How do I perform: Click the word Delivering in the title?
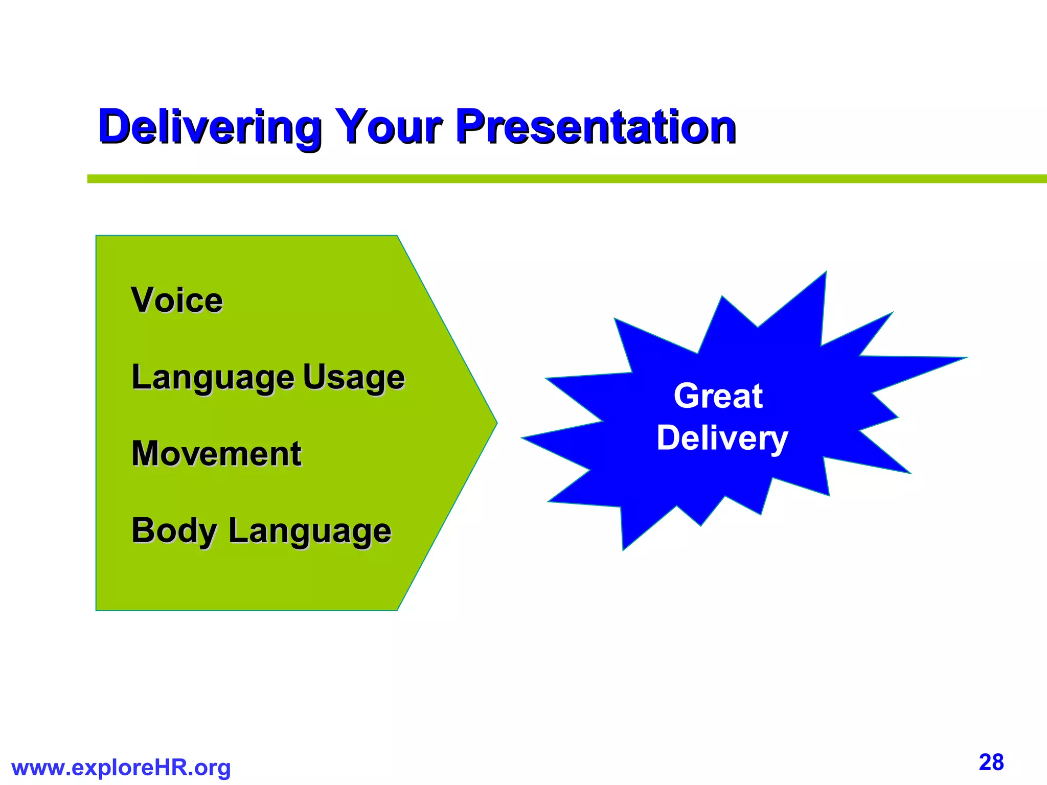pos(210,127)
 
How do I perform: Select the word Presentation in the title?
pos(596,127)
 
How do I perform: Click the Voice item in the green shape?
pos(177,300)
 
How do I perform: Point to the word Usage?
pos(354,377)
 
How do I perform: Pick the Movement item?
pos(216,454)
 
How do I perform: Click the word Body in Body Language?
pos(174,530)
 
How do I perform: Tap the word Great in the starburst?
pos(718,396)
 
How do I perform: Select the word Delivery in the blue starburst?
pos(722,438)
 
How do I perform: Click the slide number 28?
pos(991,763)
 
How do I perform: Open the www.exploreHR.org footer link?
pos(121,768)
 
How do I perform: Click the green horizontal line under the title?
pos(562,179)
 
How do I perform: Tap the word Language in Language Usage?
pos(213,377)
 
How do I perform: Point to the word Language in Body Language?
pos(310,530)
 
